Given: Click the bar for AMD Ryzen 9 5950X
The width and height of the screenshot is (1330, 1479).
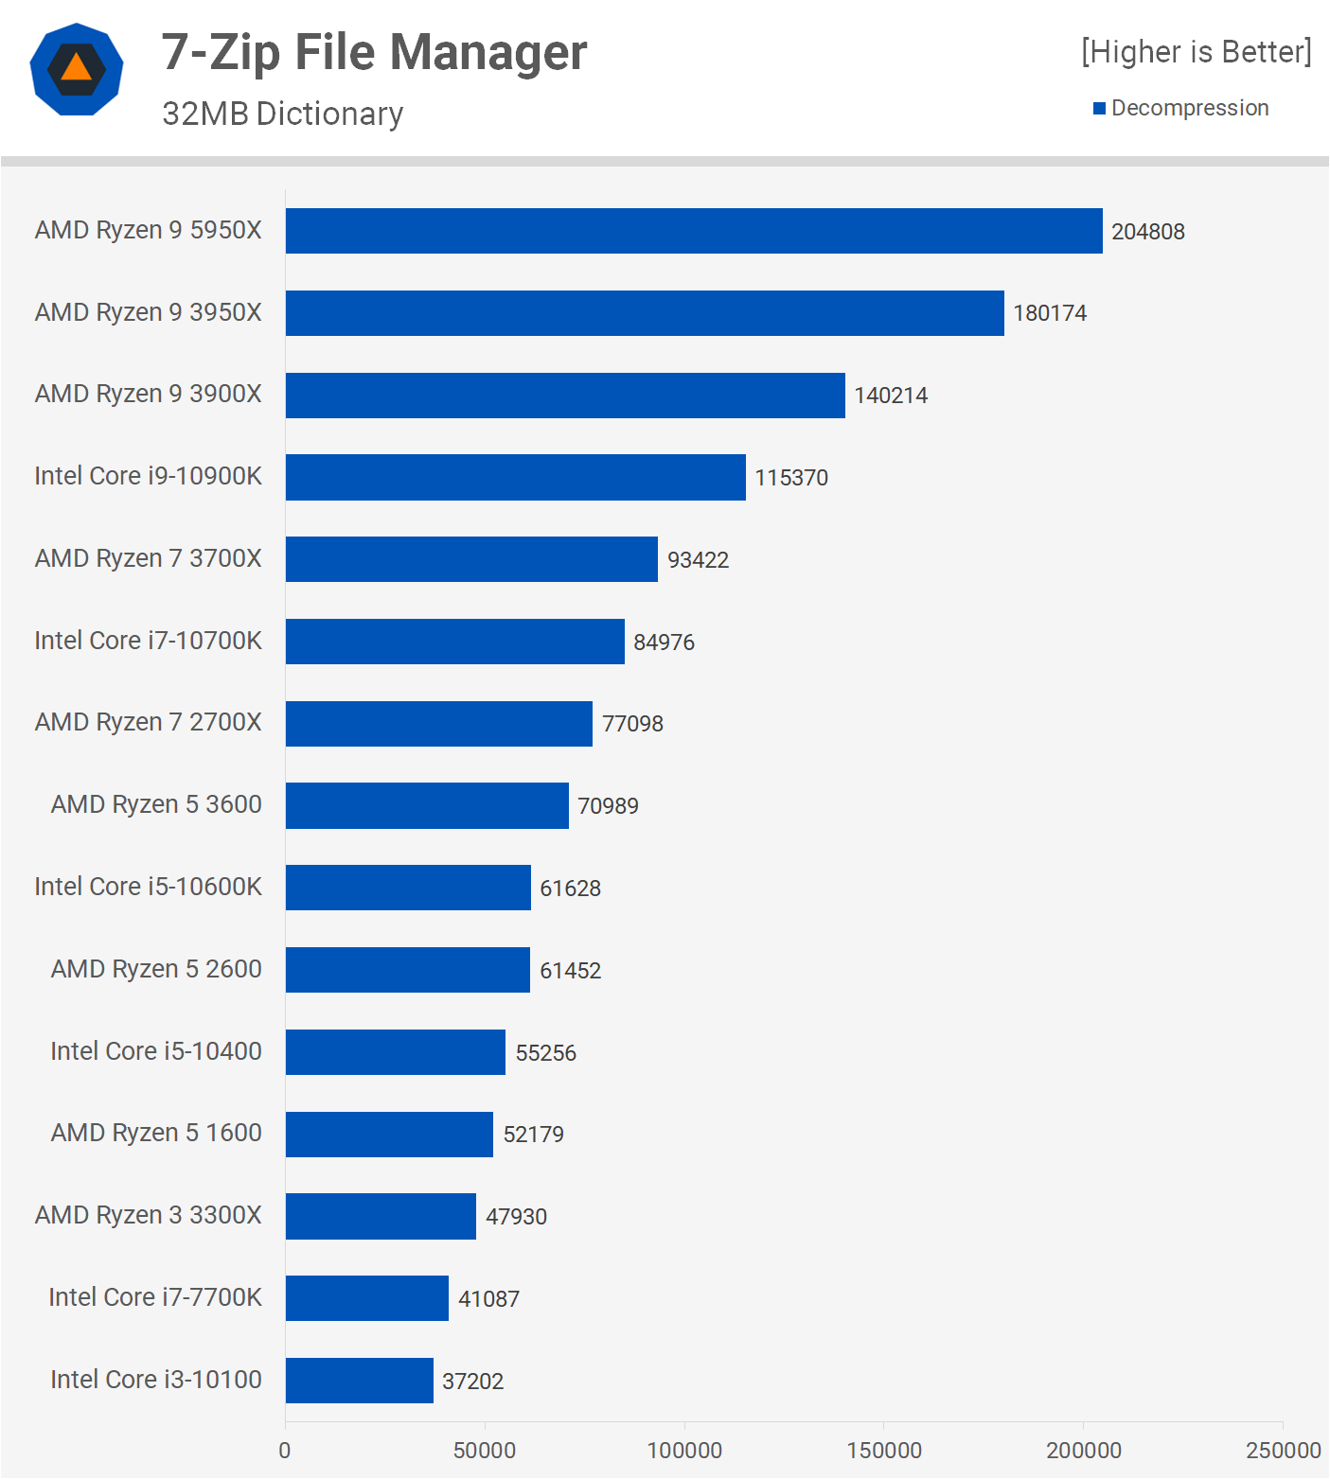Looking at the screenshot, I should tap(694, 231).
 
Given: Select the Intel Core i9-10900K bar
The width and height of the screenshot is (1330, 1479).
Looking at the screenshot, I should tap(516, 477).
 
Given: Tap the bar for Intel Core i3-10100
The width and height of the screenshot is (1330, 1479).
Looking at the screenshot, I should tap(360, 1381).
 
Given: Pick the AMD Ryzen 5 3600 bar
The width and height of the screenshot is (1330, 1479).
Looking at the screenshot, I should tap(427, 805).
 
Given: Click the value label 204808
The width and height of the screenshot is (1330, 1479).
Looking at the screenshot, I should tap(1147, 232).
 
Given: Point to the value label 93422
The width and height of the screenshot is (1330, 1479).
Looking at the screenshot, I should tap(698, 560).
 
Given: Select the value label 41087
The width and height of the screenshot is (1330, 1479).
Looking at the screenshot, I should tap(488, 1299).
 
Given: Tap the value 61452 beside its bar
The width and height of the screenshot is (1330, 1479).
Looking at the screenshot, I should tap(570, 971).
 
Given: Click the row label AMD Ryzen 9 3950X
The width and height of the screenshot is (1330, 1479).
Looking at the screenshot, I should tap(149, 312).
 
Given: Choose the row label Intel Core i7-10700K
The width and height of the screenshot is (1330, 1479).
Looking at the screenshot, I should tap(149, 641).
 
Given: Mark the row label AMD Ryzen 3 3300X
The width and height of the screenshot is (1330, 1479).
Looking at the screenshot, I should tap(149, 1215).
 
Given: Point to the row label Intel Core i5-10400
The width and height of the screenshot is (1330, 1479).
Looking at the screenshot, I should tap(156, 1051).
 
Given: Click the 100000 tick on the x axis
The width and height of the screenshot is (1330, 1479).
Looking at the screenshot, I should tap(684, 1451).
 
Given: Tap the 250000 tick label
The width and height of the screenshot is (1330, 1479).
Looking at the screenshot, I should tap(1283, 1451).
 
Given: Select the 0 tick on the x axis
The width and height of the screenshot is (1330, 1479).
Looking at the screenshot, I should tap(285, 1451).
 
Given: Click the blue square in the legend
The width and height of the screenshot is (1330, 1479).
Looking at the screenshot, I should tap(1099, 109).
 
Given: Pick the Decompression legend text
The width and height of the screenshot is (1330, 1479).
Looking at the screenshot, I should tap(1190, 108).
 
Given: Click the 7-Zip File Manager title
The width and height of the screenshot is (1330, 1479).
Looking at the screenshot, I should tap(374, 52).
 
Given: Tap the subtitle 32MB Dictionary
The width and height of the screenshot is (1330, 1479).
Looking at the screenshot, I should tap(282, 114).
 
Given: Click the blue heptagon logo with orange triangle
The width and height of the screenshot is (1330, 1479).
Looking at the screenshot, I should tap(77, 69).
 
